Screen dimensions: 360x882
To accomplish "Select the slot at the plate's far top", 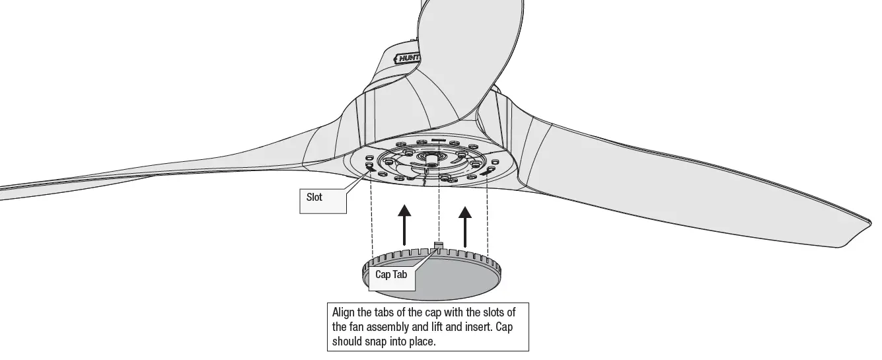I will click(x=438, y=140).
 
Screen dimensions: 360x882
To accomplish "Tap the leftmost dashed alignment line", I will click(x=371, y=218).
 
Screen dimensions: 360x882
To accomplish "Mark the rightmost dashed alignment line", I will click(x=488, y=218).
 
